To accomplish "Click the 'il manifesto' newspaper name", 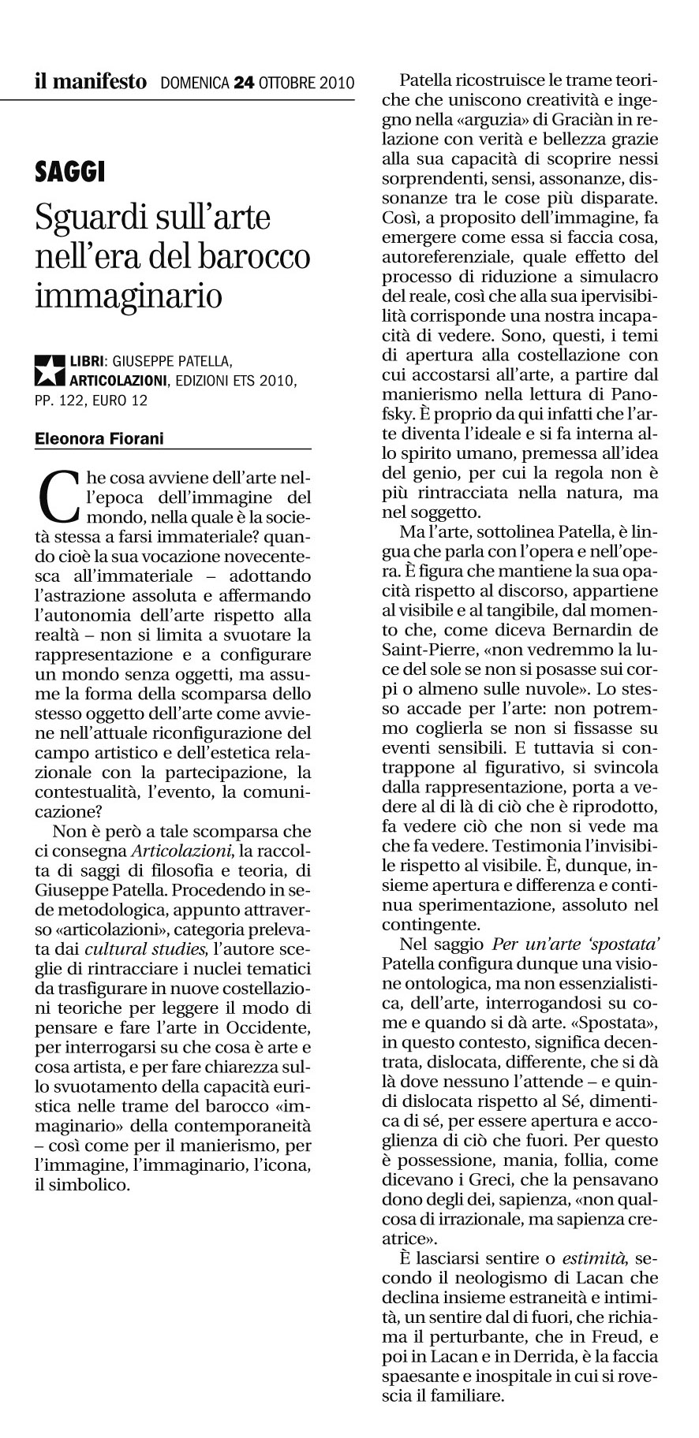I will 90,81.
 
